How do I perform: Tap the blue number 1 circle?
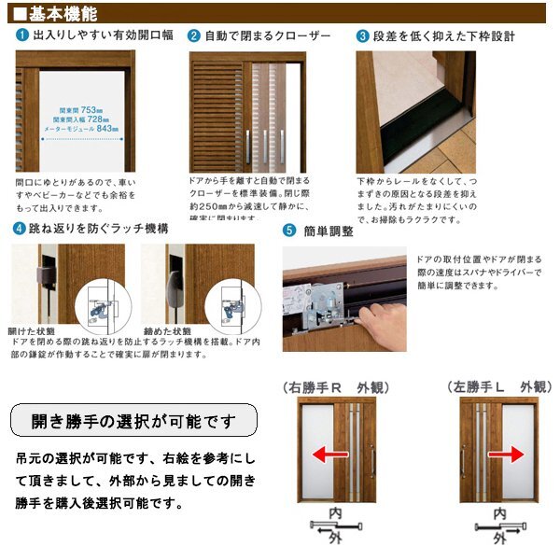pyautogui.click(x=21, y=36)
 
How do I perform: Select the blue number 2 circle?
pyautogui.click(x=194, y=36)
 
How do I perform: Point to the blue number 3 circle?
pyautogui.click(x=363, y=36)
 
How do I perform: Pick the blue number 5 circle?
pyautogui.click(x=289, y=231)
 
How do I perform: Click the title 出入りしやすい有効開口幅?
pyautogui.click(x=103, y=36)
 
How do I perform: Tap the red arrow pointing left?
pyautogui.click(x=325, y=455)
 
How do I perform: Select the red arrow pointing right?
pyautogui.click(x=508, y=455)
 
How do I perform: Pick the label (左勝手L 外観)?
pyautogui.click(x=495, y=385)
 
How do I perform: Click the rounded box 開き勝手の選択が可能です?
pyautogui.click(x=133, y=420)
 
